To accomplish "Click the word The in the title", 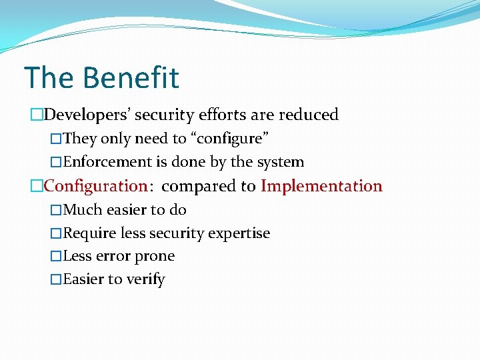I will (49, 78).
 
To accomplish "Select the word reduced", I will (309, 115).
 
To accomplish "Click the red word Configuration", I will (95, 186).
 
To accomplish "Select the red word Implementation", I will (321, 186).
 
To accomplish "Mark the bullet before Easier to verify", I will (56, 280).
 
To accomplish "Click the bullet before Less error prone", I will (56, 257).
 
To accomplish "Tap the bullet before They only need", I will (56, 139).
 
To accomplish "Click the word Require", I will (89, 233).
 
